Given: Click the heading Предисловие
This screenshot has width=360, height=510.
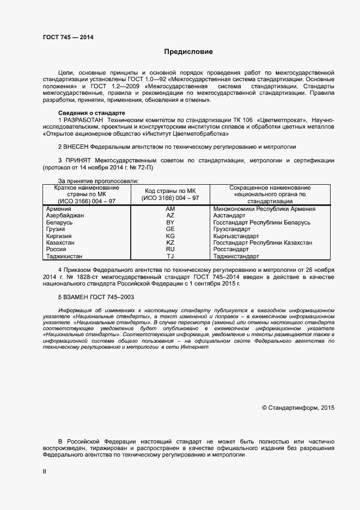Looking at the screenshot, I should click(189, 52).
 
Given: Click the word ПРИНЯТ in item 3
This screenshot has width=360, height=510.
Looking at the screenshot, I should click(78, 161).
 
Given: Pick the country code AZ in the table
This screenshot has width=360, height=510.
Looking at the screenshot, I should click(170, 216).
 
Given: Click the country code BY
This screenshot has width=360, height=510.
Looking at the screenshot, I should click(170, 223).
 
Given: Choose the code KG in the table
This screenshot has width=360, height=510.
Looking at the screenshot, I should click(170, 236).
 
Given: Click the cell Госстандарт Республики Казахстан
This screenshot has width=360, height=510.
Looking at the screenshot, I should click(263, 242).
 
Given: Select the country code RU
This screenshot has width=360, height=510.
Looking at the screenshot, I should click(170, 249).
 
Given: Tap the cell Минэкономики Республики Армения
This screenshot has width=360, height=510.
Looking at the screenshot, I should click(265, 209).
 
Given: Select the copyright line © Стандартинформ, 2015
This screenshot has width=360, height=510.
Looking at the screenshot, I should click(298, 407).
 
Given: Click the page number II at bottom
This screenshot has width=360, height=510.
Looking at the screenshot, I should click(45, 470).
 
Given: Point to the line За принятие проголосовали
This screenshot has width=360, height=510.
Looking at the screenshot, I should click(98, 180).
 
